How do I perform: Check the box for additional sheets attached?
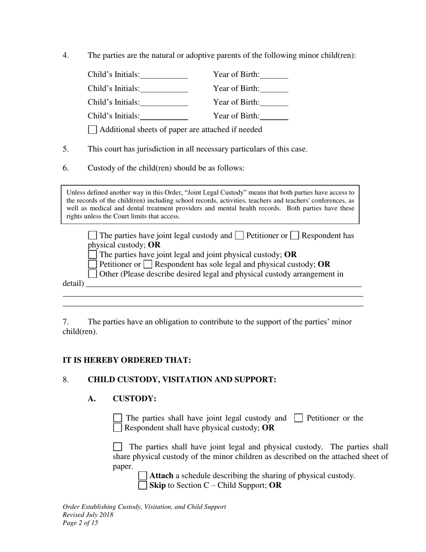[92, 130]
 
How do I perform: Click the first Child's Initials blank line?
[164, 75]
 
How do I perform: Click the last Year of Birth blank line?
[274, 116]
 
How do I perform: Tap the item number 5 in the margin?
[65, 149]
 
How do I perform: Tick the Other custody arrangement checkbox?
[92, 274]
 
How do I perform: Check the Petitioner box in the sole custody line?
[92, 264]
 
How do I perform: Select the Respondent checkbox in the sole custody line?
[148, 264]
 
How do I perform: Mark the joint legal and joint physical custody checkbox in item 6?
[92, 254]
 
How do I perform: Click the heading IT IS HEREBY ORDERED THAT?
[126, 360]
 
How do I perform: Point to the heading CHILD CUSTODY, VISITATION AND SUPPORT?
[182, 380]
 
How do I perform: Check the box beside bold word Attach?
[143, 476]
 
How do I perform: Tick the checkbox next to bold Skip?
[143, 486]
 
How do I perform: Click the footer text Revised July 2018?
[88, 515]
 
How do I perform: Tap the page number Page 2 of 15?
[80, 523]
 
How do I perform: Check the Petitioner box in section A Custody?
[299, 418]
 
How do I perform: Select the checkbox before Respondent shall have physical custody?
[117, 428]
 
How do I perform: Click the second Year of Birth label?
[236, 88]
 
